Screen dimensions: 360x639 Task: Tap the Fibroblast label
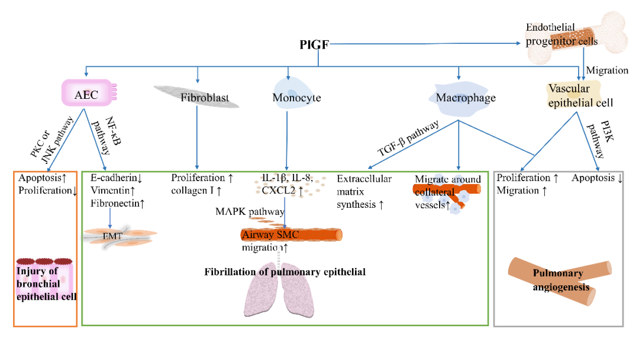click(205, 97)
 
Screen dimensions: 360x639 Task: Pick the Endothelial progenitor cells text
click(561, 34)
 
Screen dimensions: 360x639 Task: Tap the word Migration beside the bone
click(607, 70)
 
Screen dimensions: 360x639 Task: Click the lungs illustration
click(285, 295)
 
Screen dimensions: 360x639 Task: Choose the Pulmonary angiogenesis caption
click(559, 280)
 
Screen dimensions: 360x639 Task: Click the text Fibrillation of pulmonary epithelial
click(285, 272)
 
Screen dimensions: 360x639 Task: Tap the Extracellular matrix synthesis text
click(362, 191)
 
